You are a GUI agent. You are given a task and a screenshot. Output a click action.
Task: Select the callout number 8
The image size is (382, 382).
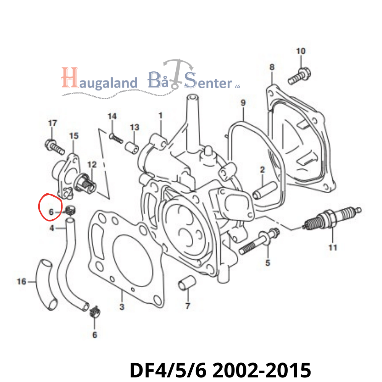click(x=272, y=67)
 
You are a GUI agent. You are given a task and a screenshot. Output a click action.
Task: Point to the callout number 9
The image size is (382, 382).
click(x=243, y=102)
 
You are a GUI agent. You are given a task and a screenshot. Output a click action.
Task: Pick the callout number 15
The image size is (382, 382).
click(x=73, y=136)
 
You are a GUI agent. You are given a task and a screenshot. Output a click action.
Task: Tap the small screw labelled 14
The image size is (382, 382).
click(x=116, y=137)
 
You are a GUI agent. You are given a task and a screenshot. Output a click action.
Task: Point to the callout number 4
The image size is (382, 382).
click(x=52, y=228)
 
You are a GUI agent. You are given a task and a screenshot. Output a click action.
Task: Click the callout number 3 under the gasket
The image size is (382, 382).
click(x=121, y=307)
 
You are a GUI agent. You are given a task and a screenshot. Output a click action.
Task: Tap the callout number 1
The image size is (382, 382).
click(x=160, y=115)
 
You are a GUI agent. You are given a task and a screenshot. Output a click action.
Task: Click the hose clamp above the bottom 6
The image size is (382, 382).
click(x=94, y=312)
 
